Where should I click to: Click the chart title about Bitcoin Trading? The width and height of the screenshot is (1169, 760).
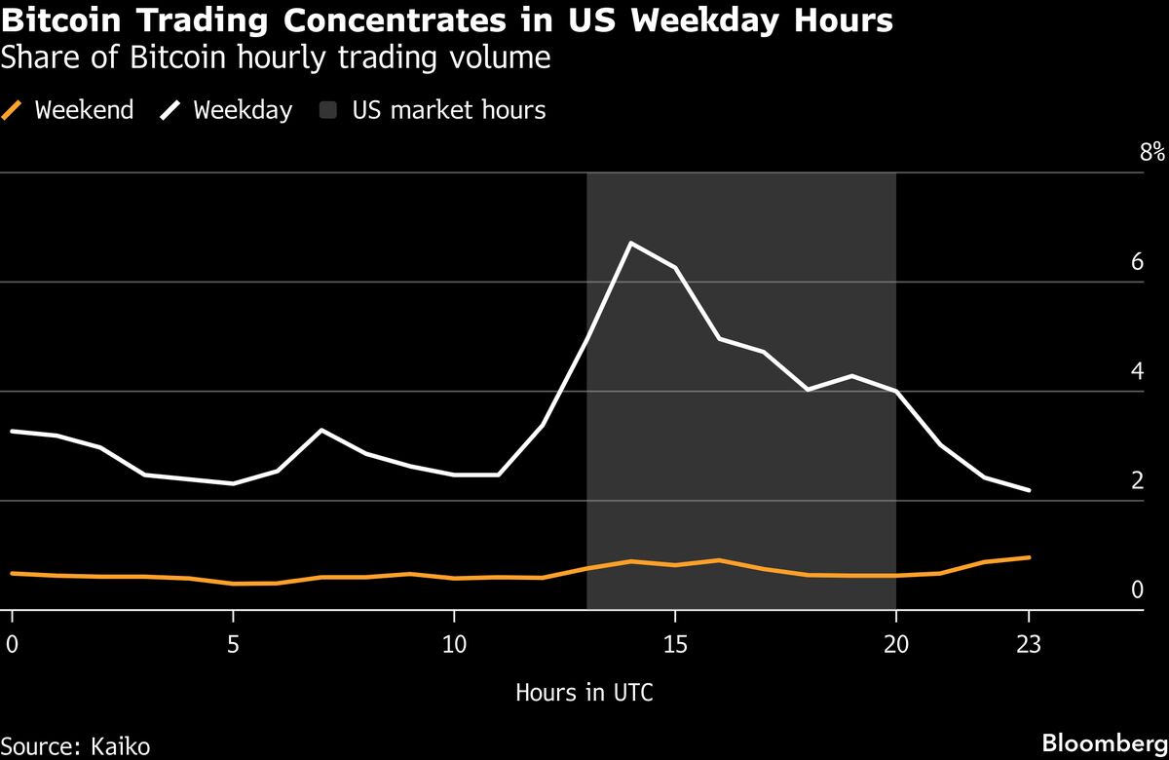coord(447,20)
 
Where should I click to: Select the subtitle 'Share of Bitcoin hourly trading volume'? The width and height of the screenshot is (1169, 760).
coord(276,58)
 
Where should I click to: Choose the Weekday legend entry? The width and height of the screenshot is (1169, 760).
coord(227,110)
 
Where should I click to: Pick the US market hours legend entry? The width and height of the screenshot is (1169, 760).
coord(434,110)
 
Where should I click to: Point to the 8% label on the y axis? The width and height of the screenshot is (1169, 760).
coord(1151,152)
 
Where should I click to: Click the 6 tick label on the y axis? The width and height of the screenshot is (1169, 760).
coord(1137,261)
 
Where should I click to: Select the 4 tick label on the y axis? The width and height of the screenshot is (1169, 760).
coord(1137,370)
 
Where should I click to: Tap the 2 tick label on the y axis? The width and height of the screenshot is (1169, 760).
coord(1137,479)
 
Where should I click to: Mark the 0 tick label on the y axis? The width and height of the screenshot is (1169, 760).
coord(1137,589)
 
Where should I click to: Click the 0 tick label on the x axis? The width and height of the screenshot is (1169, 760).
coord(12,643)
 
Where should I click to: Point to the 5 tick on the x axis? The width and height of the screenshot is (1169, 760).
coord(233,643)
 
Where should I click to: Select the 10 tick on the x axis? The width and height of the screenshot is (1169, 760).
coord(454,643)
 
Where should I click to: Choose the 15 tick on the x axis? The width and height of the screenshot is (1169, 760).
coord(675,643)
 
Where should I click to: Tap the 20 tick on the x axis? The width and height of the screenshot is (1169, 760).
coord(896,643)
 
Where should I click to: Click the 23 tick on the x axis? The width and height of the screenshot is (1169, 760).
coord(1029,643)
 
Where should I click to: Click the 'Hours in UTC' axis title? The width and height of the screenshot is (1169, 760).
coord(584,693)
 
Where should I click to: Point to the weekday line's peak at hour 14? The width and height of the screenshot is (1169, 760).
coord(631,243)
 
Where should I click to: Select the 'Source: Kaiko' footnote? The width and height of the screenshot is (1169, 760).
coord(76,746)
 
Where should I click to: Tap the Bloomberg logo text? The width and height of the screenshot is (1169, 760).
coord(1104,742)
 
